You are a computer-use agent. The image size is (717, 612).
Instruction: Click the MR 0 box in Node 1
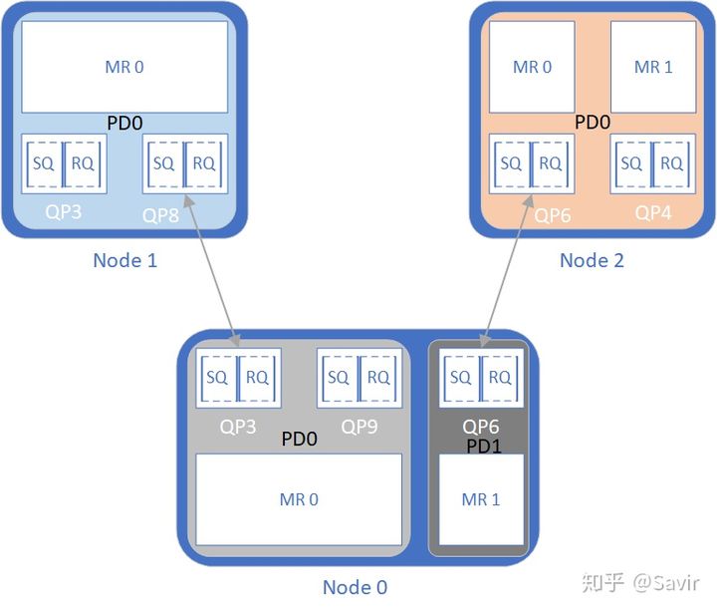pyautogui.click(x=124, y=67)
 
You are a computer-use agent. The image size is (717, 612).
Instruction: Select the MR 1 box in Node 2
pyautogui.click(x=653, y=67)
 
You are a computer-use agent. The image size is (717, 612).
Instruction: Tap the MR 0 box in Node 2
pyautogui.click(x=532, y=67)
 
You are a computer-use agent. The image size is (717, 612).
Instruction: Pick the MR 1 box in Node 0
pyautogui.click(x=481, y=498)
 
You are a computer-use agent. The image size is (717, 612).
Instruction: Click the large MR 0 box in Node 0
pyautogui.click(x=299, y=498)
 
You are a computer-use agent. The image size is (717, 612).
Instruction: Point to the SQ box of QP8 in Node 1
pyautogui.click(x=163, y=163)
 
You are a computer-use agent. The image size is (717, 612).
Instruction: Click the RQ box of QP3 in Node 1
pyautogui.click(x=84, y=163)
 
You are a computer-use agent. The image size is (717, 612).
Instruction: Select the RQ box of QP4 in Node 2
pyautogui.click(x=672, y=163)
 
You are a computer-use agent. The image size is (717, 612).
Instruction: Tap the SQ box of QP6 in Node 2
pyautogui.click(x=511, y=163)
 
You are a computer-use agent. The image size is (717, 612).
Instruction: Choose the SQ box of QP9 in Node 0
pyautogui.click(x=338, y=378)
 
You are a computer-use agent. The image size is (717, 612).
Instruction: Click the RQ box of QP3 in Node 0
pyautogui.click(x=258, y=378)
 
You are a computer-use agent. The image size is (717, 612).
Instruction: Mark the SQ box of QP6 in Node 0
pyautogui.click(x=460, y=378)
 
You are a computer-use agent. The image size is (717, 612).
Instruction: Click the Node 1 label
pyautogui.click(x=124, y=260)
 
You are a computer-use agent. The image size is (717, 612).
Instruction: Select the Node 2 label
pyautogui.click(x=592, y=260)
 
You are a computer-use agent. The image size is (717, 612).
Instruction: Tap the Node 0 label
pyautogui.click(x=355, y=587)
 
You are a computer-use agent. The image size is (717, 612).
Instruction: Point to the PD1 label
pyautogui.click(x=484, y=446)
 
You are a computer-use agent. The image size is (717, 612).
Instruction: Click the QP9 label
pyautogui.click(x=359, y=427)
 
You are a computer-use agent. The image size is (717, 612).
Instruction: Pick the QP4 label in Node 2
pyautogui.click(x=653, y=212)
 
